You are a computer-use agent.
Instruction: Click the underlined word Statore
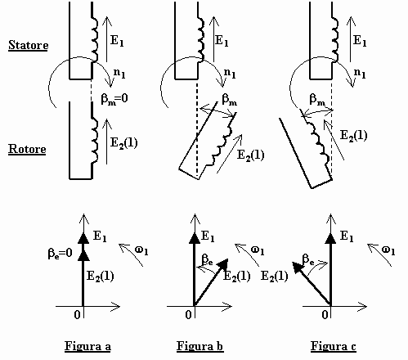(29, 45)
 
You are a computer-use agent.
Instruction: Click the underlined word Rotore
(27, 149)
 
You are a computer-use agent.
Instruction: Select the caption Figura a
(87, 346)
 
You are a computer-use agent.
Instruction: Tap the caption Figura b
(200, 346)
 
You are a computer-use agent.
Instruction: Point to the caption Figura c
(334, 346)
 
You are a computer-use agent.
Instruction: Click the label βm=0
(114, 98)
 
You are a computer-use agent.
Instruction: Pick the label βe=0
(60, 254)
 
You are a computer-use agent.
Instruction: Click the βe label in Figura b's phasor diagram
(207, 259)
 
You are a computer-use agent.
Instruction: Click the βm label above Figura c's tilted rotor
(317, 100)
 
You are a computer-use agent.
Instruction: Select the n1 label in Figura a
(119, 73)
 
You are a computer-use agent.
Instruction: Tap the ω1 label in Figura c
(388, 250)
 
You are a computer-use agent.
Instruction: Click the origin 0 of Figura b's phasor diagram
(188, 315)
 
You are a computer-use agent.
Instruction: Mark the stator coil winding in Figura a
(94, 39)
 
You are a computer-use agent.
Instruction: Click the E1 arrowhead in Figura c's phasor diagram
(331, 239)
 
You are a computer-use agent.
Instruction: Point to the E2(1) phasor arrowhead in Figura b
(223, 263)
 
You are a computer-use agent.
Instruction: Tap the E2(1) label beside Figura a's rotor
(123, 143)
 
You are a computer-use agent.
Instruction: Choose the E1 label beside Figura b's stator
(222, 41)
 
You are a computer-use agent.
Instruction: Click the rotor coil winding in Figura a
(94, 141)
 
